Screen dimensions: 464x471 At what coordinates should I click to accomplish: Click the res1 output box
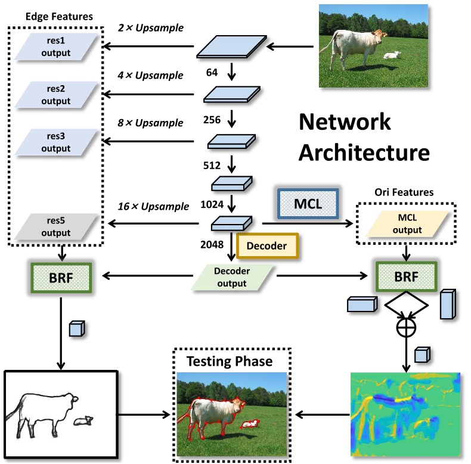56,46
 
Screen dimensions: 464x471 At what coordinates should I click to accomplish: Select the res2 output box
56,94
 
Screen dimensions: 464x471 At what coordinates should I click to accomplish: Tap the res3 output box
56,141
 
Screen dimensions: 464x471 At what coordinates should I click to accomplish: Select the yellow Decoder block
267,245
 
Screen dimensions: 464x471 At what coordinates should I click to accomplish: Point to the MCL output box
407,224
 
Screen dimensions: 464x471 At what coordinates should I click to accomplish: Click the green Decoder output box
233,277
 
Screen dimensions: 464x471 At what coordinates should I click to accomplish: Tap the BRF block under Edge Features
60,276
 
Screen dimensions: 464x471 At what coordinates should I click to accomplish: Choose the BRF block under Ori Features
407,276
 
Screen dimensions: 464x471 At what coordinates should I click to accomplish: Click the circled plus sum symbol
406,328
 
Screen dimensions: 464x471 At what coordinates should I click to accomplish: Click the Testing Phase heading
229,362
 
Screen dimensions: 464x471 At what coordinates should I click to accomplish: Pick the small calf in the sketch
83,421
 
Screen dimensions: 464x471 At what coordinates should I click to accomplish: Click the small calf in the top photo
392,55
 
